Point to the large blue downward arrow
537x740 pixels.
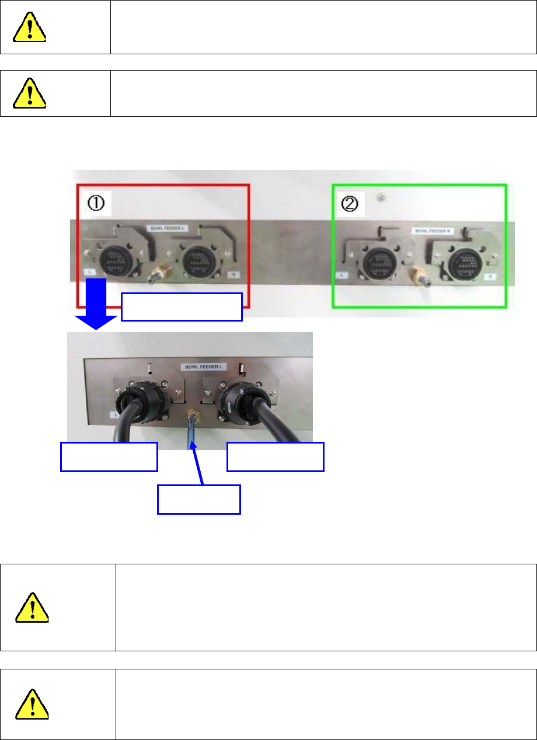pos(99,302)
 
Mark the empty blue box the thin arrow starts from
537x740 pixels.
pos(199,499)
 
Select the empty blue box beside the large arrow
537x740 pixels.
pos(182,307)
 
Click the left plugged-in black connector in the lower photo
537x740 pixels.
pos(129,404)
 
